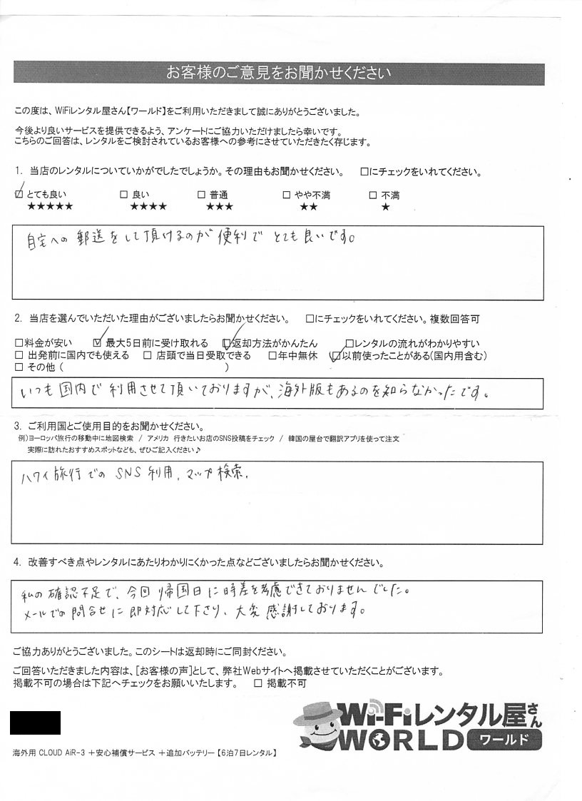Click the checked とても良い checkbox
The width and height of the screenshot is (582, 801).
coord(19,195)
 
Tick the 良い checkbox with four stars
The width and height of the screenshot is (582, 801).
coord(123,195)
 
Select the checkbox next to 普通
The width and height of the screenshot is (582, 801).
coord(202,195)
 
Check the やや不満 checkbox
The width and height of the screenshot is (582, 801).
coord(286,195)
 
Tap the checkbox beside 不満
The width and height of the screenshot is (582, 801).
coord(372,195)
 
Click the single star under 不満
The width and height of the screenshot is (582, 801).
coord(386,208)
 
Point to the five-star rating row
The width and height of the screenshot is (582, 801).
coord(49,208)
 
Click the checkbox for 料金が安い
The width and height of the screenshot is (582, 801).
coord(19,343)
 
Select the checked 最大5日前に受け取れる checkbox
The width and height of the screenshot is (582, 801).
coord(98,343)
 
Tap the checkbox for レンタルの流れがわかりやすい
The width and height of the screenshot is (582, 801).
coord(349,343)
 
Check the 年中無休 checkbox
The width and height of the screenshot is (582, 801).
coord(272,355)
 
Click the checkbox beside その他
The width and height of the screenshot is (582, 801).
coord(19,367)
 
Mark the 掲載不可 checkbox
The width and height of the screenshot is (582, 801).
coord(258,683)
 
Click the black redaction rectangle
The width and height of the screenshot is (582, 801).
coord(35,723)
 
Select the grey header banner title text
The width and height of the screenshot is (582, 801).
coord(279,73)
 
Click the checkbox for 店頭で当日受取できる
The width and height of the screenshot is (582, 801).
coord(147,355)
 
